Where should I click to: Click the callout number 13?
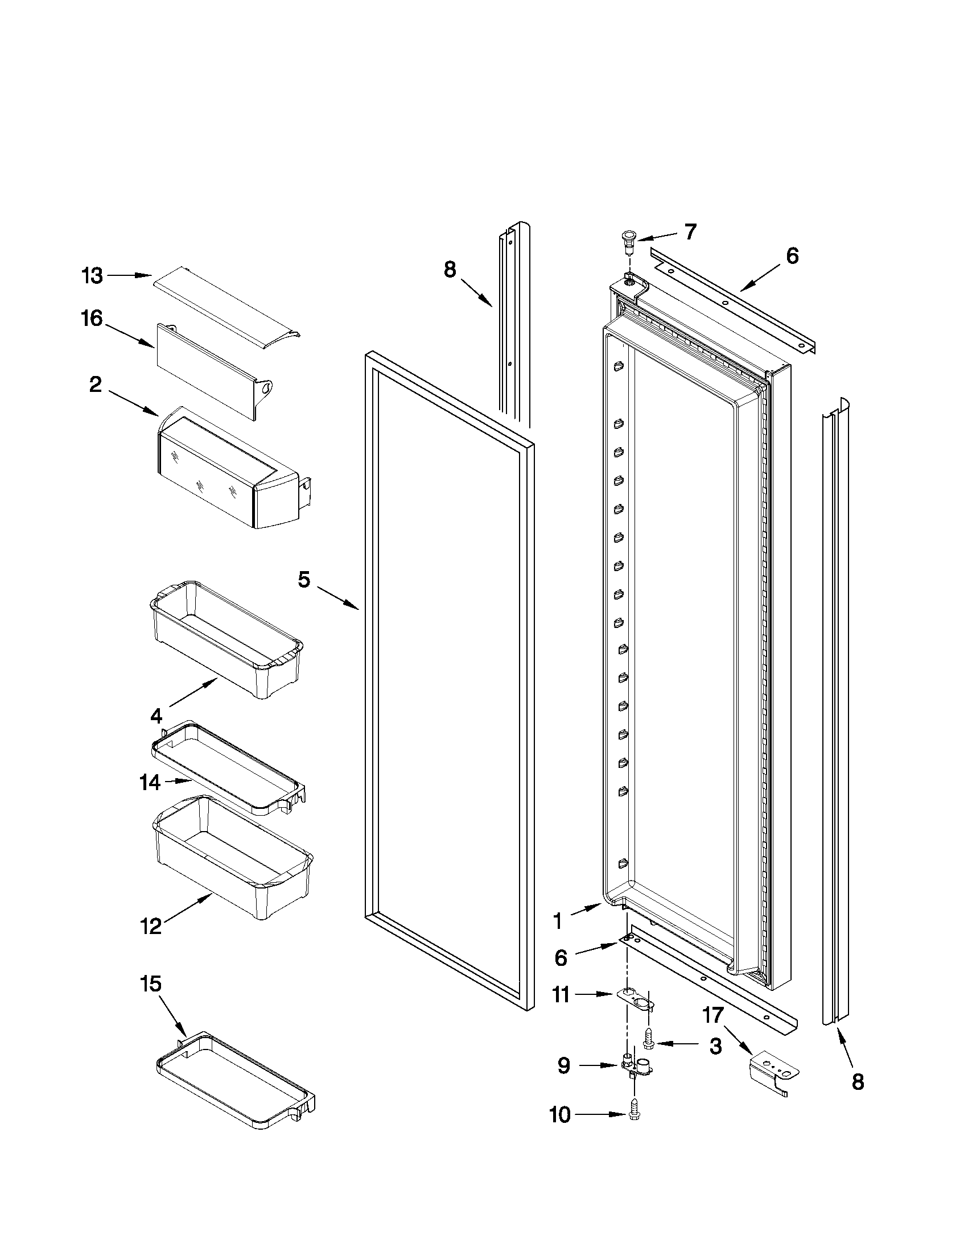92,276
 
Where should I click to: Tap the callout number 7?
690,232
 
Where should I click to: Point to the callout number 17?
713,1015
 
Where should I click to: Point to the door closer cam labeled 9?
636,1067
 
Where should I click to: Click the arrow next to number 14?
178,780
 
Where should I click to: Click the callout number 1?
557,922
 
